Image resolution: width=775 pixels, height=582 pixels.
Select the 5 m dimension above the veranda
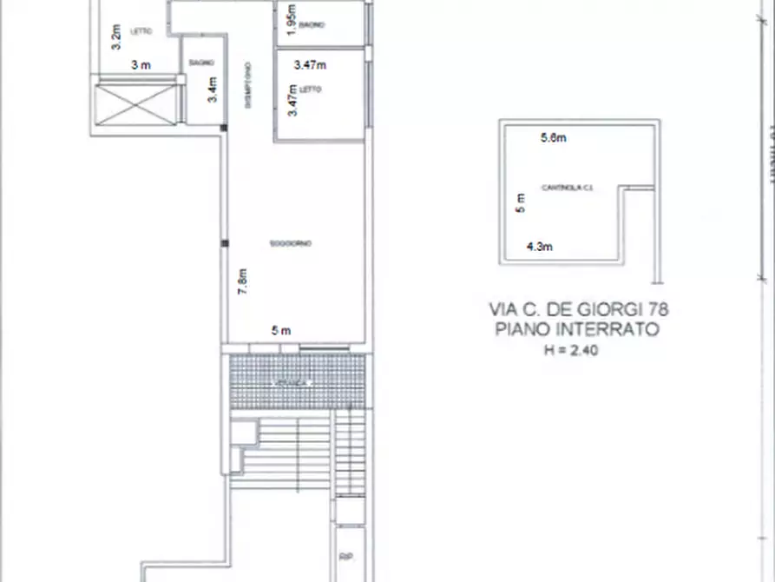point(280,331)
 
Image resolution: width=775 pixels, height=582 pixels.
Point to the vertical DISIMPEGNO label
point(247,84)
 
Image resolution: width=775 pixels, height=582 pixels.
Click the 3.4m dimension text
point(213,89)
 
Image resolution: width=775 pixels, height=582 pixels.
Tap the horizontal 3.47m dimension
point(310,64)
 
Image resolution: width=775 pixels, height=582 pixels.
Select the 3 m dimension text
point(140,65)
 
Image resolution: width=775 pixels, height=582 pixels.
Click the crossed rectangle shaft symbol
point(137,105)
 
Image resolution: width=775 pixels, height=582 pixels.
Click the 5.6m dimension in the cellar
point(553,138)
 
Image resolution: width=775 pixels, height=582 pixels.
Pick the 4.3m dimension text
point(540,247)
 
